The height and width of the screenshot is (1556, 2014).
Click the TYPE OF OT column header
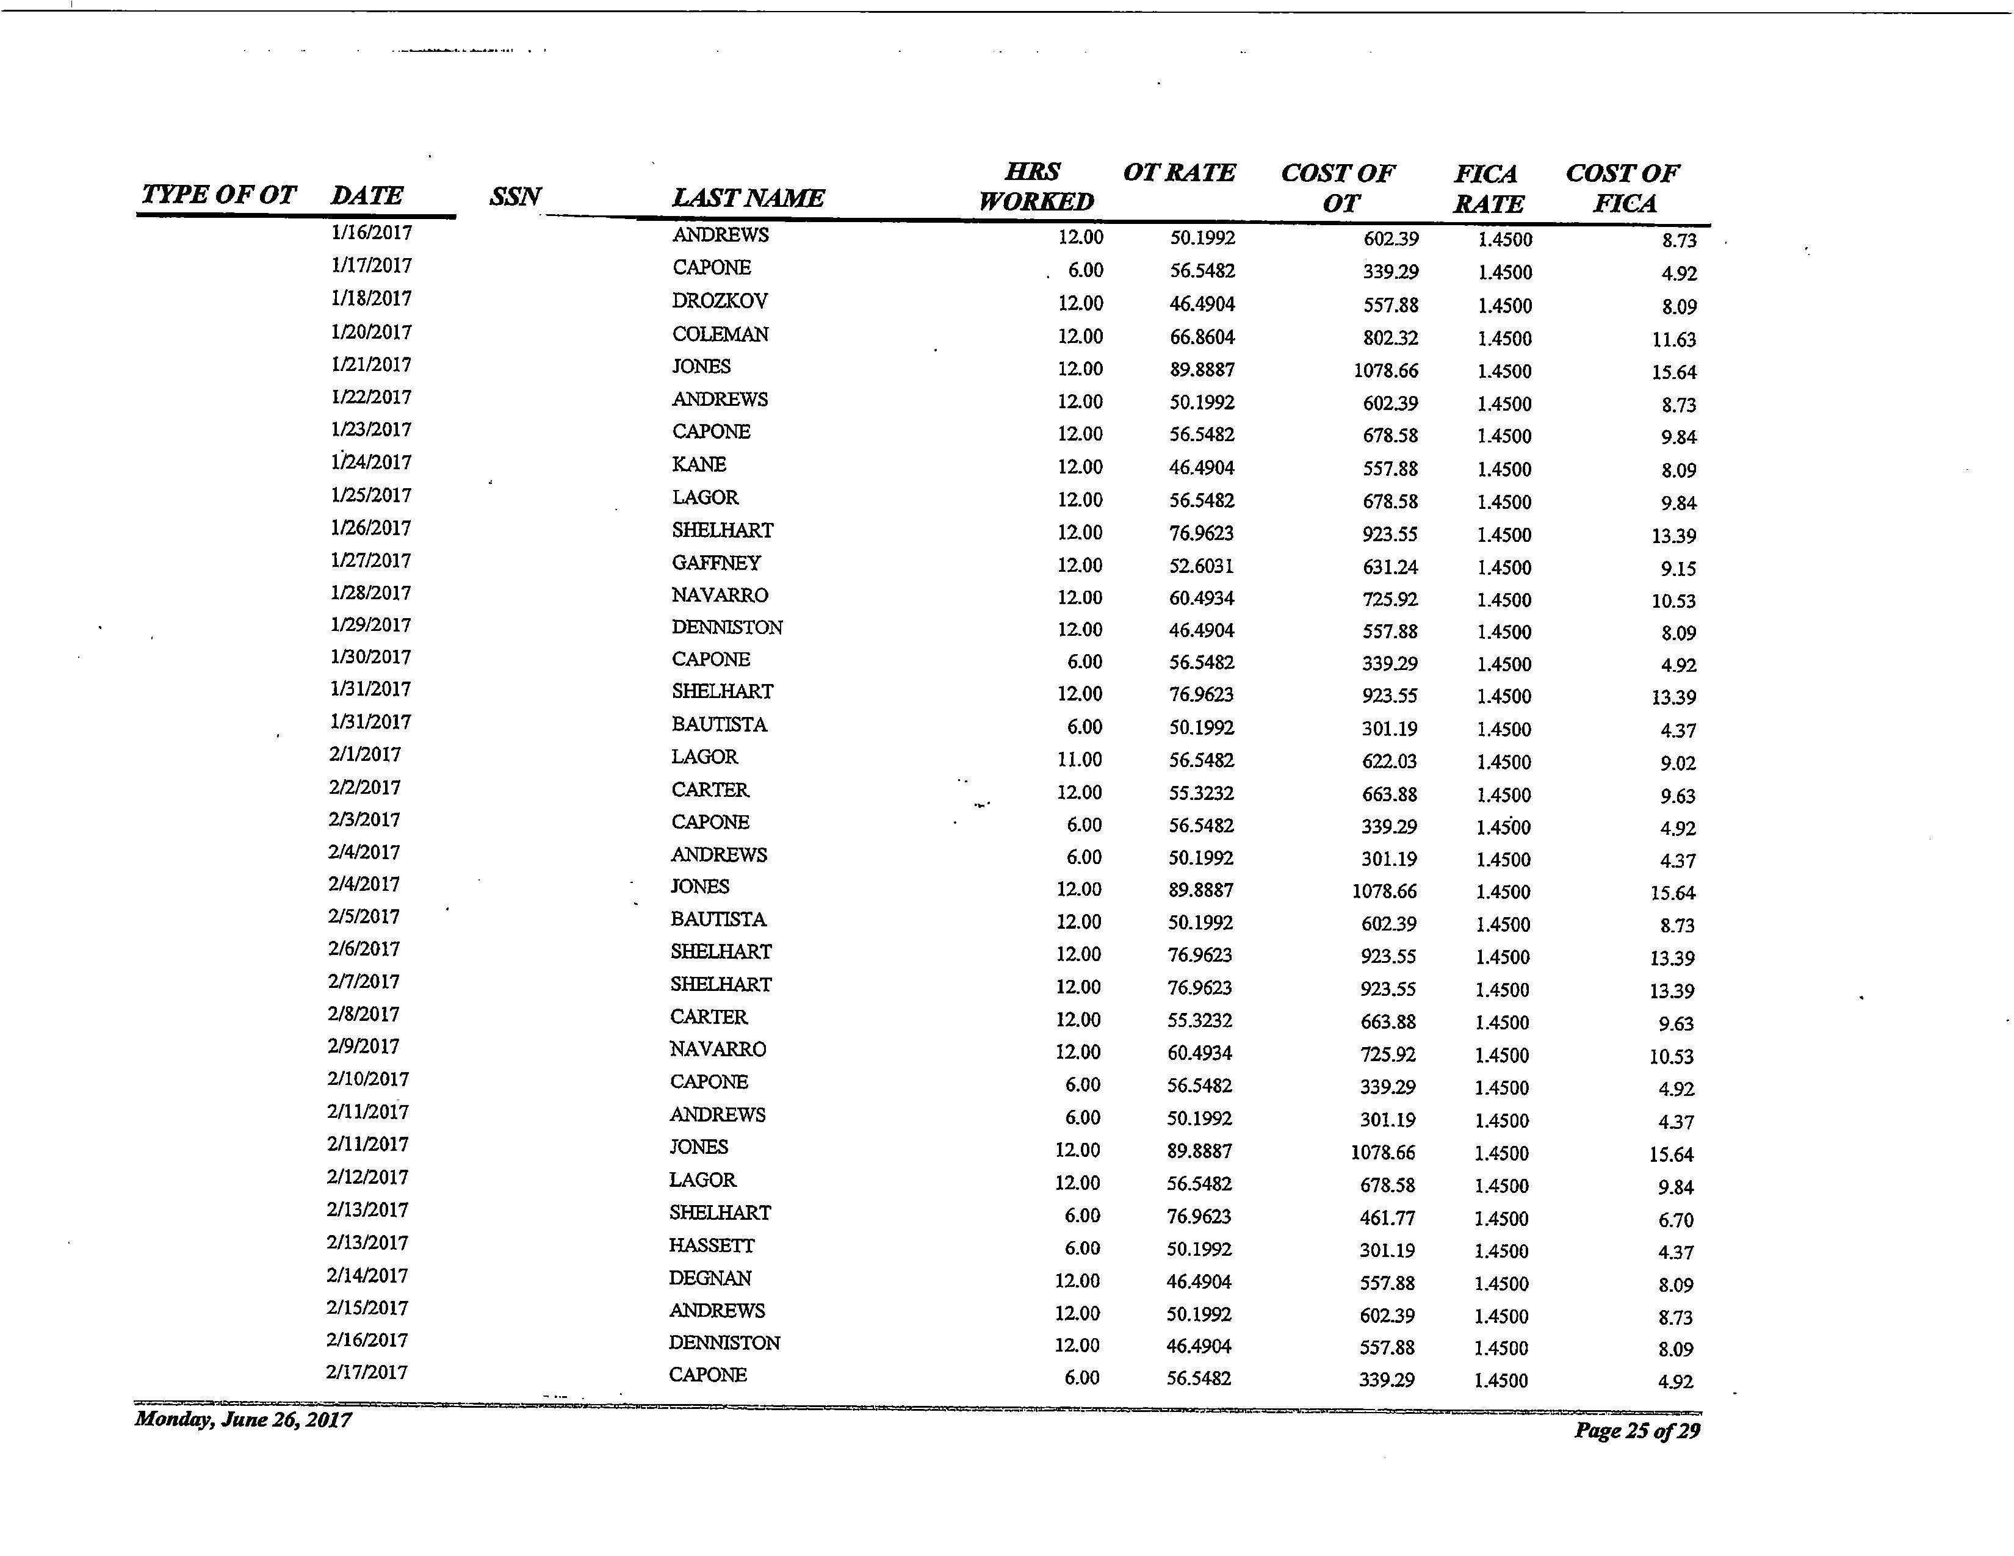click(218, 195)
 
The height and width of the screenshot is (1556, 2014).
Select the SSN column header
click(514, 196)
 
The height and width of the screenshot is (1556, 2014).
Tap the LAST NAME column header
click(748, 197)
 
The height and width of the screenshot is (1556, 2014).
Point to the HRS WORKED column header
click(1036, 186)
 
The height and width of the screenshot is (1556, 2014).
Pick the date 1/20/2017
click(370, 332)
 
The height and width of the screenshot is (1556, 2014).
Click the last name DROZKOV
click(720, 301)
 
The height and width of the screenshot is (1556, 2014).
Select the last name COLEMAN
click(720, 334)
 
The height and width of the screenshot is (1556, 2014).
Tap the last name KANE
click(698, 464)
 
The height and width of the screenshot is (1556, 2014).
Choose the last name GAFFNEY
click(716, 563)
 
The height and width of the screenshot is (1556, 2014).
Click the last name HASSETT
click(711, 1245)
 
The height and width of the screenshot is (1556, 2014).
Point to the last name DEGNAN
click(709, 1278)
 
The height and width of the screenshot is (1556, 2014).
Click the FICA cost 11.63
click(1673, 339)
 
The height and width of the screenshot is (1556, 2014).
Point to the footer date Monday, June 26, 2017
click(242, 1419)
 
